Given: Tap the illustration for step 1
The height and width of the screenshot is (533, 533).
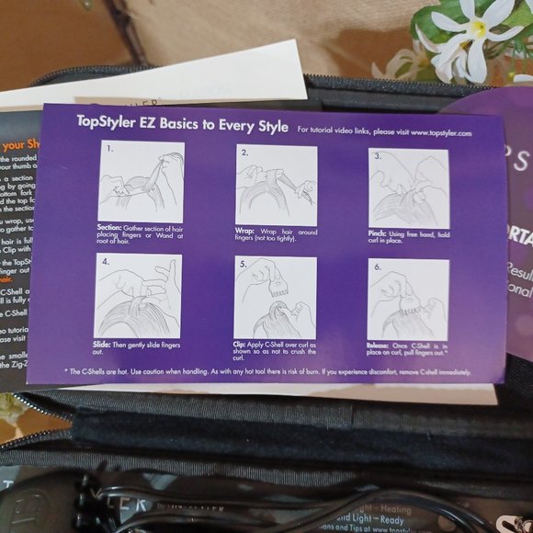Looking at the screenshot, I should pyautogui.click(x=141, y=182).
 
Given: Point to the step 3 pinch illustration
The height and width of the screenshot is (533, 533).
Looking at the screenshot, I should pyautogui.click(x=408, y=188).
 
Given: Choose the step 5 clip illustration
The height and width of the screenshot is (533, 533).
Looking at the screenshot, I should pyautogui.click(x=275, y=298).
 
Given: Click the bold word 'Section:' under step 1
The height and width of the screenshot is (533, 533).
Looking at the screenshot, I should pyautogui.click(x=110, y=226).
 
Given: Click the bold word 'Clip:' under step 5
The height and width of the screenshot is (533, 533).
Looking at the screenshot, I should pyautogui.click(x=244, y=343).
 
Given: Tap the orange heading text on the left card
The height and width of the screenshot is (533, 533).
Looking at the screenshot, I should pyautogui.click(x=18, y=144).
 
